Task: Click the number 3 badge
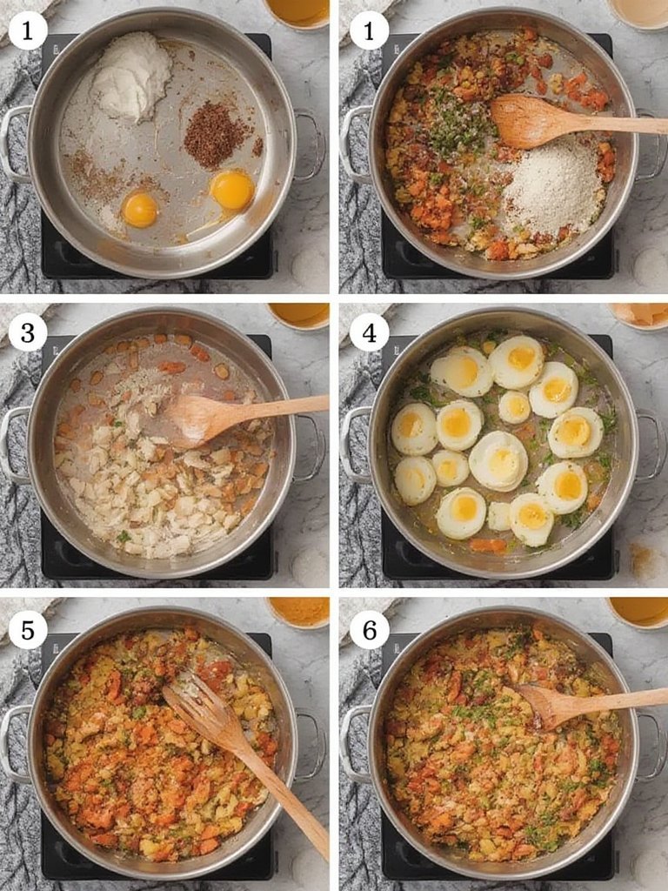(28, 332)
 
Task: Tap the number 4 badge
(369, 332)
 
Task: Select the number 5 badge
(28, 629)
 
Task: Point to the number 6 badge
(369, 629)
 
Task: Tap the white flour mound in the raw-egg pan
(132, 76)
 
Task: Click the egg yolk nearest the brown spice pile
(231, 189)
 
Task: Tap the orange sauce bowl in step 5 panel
(297, 611)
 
